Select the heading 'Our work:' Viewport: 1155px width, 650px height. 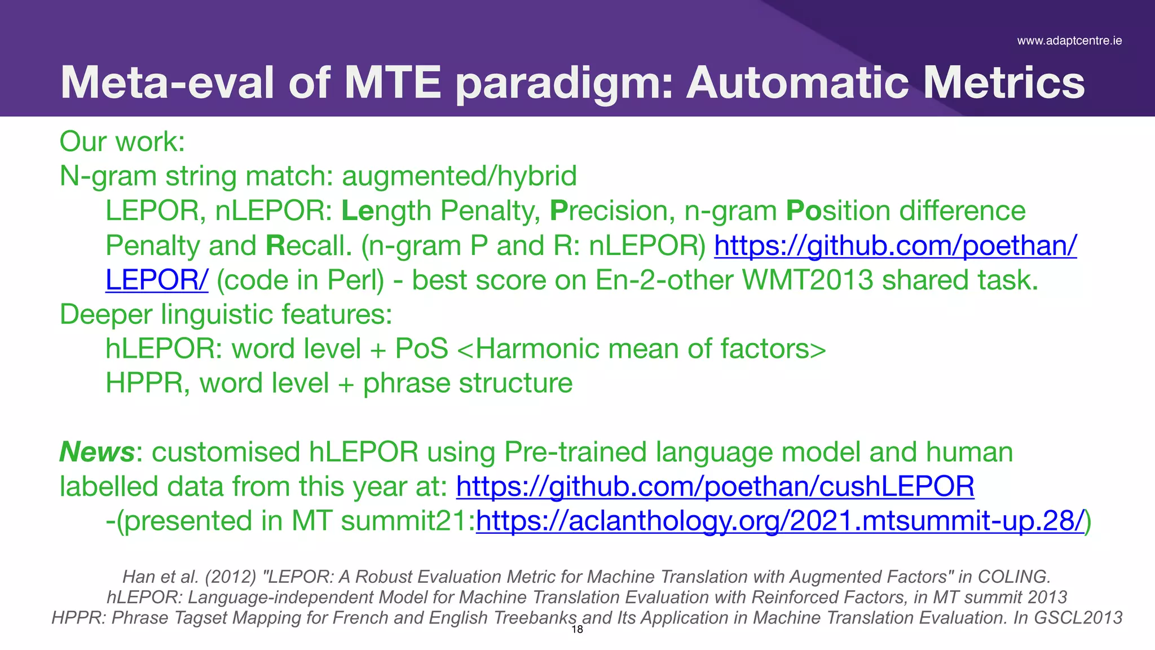[x=122, y=141]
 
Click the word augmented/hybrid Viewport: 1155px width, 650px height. [x=460, y=176]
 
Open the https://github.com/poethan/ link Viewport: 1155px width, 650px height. [x=895, y=245]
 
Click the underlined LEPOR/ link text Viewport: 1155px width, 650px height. [x=157, y=280]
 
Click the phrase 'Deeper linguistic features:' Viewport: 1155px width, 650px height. [x=226, y=314]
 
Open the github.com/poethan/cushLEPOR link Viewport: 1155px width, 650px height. [x=715, y=486]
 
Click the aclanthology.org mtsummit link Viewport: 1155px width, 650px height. [x=780, y=521]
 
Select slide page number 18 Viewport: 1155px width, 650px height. [x=577, y=630]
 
